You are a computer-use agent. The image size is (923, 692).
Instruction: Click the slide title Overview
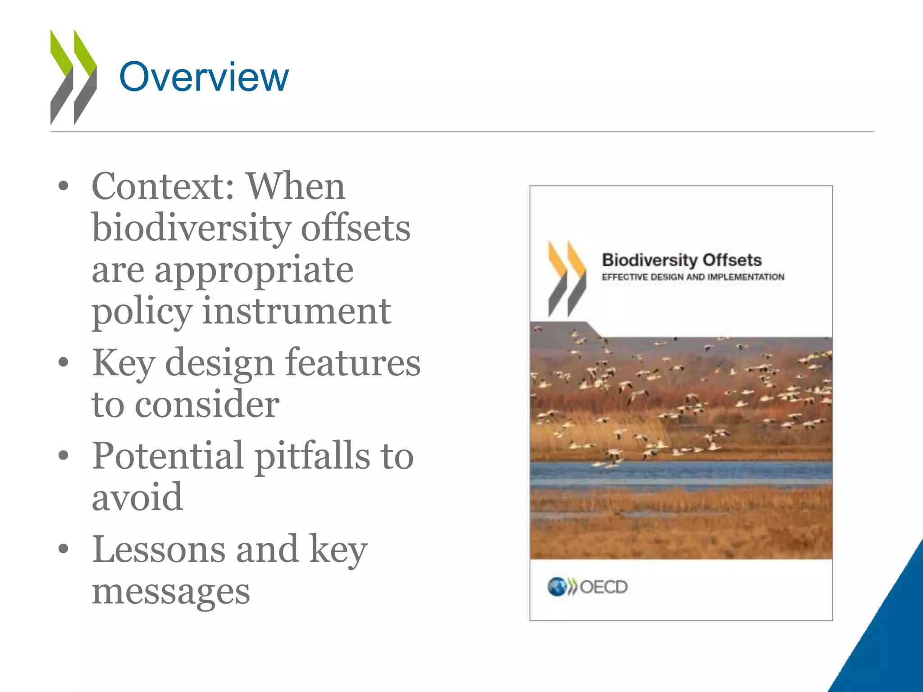(204, 77)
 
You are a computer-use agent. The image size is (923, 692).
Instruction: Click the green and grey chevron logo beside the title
(73, 77)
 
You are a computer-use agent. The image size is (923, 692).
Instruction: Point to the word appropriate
(254, 270)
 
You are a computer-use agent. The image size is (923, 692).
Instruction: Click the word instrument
(297, 311)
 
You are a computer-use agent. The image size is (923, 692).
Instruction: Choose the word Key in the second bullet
(123, 363)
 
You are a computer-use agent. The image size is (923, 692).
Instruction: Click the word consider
(207, 404)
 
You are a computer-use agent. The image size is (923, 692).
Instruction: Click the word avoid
(137, 497)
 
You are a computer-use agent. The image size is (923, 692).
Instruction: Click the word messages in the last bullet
(171, 592)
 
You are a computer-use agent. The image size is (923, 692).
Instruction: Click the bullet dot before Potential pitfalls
(64, 456)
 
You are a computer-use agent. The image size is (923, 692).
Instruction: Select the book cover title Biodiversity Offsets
(681, 260)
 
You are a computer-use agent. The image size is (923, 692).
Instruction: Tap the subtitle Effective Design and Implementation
(693, 277)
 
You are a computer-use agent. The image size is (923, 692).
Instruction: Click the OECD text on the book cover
(603, 587)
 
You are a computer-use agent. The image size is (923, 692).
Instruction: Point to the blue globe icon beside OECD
(557, 587)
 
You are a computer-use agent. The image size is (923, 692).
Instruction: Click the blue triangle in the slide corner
(890, 640)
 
